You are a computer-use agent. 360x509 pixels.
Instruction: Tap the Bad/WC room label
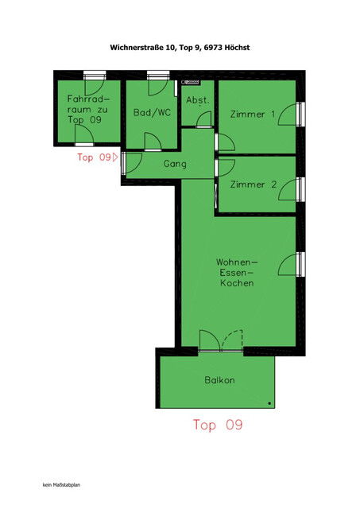(x=152, y=113)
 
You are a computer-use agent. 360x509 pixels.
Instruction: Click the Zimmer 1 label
(x=253, y=115)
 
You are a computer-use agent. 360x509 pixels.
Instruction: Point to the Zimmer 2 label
(x=253, y=185)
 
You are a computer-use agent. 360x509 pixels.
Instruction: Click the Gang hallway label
(x=175, y=164)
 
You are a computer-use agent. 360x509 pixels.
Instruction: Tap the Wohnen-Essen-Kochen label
(x=238, y=272)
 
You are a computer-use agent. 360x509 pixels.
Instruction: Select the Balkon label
(x=219, y=380)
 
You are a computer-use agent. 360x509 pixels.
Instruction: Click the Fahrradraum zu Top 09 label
(x=88, y=109)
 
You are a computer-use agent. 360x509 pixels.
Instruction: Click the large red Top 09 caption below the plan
(x=218, y=425)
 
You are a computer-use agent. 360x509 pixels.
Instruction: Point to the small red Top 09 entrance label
(x=95, y=157)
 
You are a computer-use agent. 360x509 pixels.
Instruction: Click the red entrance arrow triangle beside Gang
(x=116, y=157)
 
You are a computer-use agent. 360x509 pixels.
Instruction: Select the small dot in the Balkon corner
(x=270, y=403)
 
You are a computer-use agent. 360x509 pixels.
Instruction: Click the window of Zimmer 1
(x=300, y=114)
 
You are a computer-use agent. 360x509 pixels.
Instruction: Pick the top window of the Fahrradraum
(x=95, y=75)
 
